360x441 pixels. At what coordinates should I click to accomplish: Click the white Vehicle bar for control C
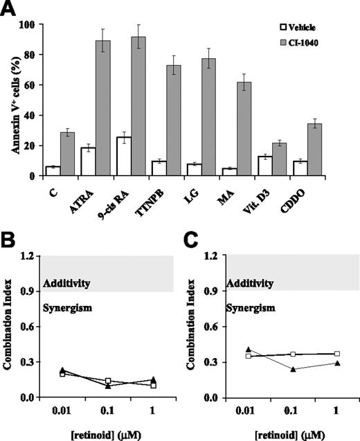point(53,171)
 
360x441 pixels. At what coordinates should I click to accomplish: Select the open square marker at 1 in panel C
point(337,354)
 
